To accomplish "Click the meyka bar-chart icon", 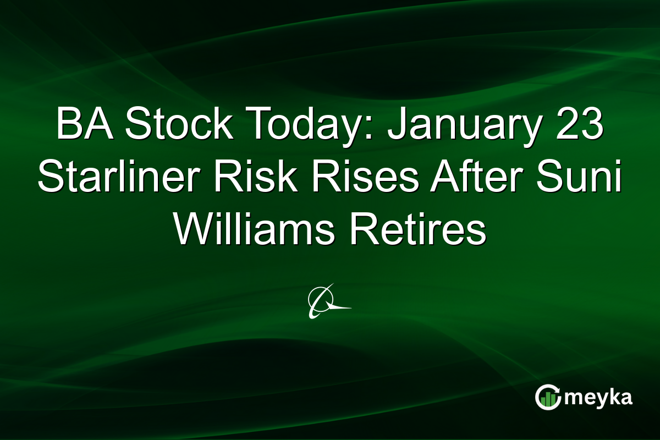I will (x=548, y=397).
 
